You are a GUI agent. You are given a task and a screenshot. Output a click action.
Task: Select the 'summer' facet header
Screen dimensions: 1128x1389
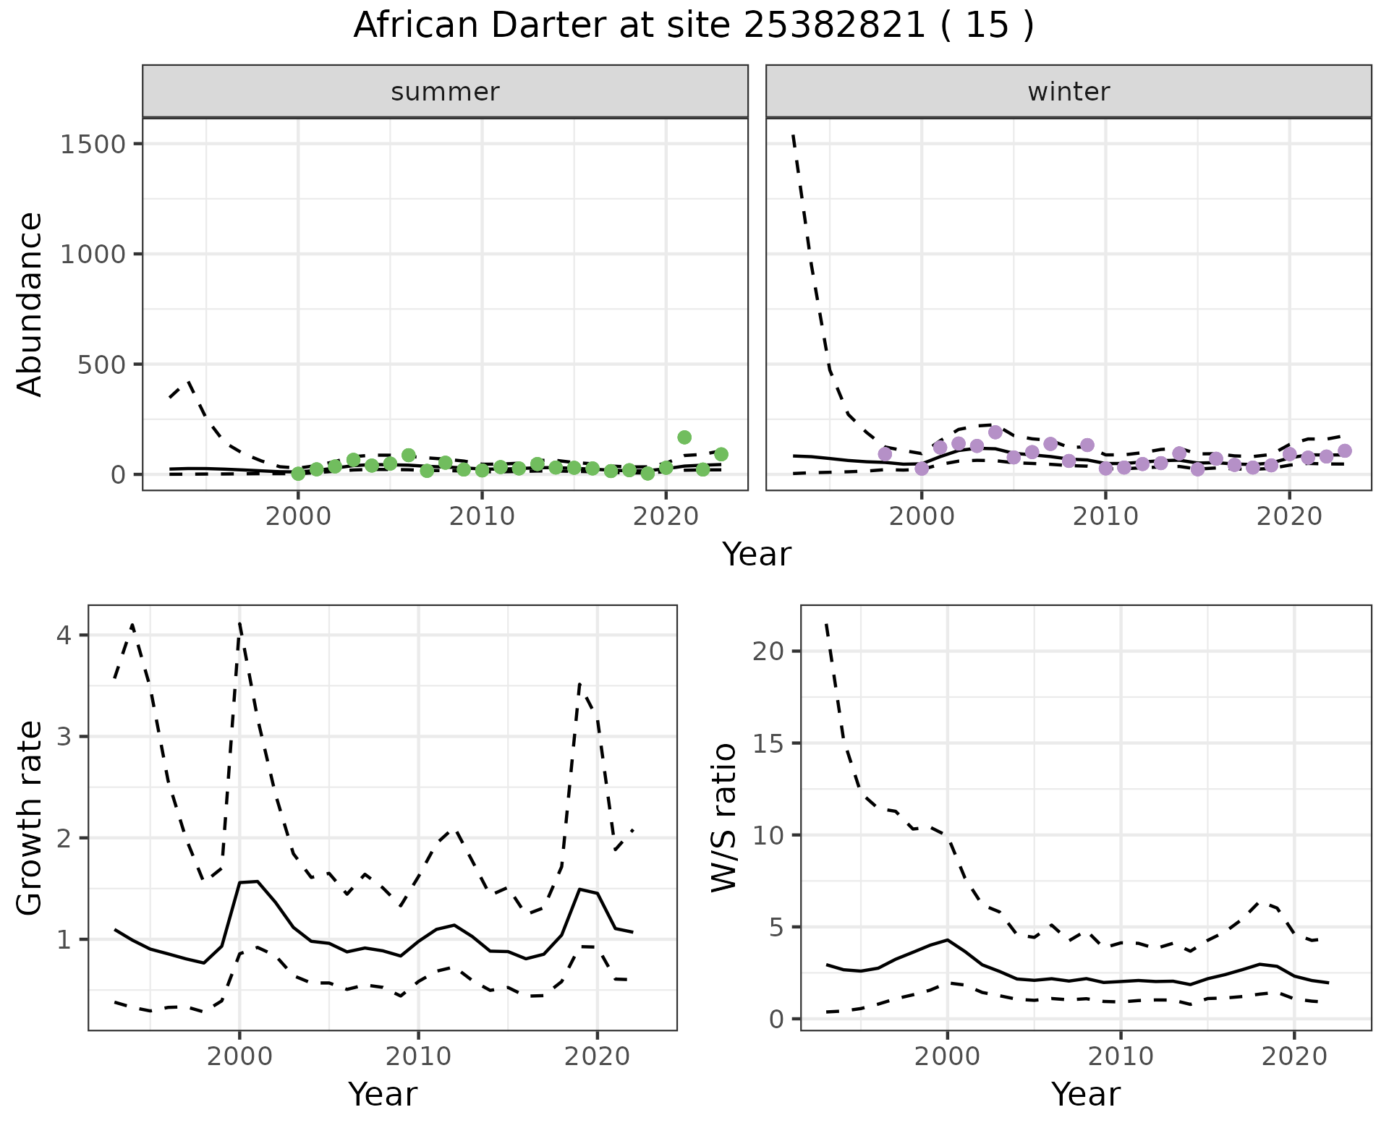point(445,92)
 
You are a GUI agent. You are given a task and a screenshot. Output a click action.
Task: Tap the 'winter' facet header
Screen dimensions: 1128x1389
point(1069,92)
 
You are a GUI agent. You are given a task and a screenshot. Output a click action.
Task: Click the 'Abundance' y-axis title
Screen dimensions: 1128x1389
point(30,304)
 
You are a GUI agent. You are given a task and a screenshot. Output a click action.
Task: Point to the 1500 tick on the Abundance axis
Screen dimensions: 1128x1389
point(93,144)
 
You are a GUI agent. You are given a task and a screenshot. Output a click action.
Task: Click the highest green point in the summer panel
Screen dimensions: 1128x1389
point(684,437)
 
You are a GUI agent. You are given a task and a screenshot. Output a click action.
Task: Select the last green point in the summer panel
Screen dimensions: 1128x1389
point(721,454)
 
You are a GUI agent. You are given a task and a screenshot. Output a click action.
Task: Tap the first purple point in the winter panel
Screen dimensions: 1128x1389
point(885,454)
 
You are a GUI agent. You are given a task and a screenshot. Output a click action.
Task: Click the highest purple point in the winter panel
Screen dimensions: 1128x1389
point(995,432)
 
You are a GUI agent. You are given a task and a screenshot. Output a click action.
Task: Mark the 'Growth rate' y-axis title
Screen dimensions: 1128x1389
point(30,819)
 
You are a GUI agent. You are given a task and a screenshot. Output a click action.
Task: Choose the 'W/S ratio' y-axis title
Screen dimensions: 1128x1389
point(724,818)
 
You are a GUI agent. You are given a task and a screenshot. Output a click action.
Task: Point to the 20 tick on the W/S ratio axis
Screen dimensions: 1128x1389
point(767,651)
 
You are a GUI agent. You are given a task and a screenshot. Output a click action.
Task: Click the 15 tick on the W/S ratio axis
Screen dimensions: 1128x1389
point(767,743)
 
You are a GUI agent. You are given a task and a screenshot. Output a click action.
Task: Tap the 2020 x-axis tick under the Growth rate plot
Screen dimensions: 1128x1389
point(597,1056)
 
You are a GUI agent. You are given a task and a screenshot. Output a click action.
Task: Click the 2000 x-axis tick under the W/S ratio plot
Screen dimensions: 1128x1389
point(947,1056)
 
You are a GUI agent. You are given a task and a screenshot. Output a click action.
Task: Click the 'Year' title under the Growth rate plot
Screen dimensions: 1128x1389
point(383,1095)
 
